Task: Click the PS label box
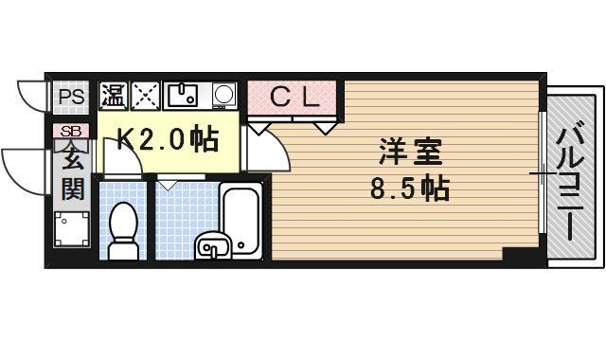69,96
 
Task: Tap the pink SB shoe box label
71,131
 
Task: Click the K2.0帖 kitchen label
167,140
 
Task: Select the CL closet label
293,96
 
